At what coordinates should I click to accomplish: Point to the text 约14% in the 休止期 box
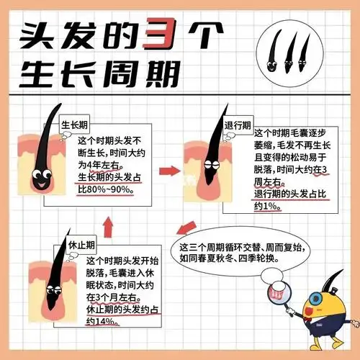pyautogui.click(x=104, y=321)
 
